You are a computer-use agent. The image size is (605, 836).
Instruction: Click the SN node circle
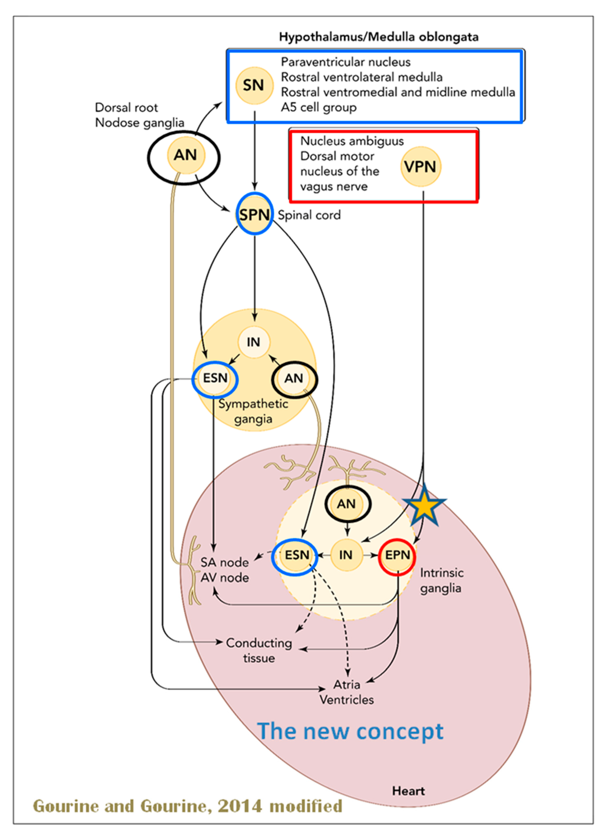pos(254,85)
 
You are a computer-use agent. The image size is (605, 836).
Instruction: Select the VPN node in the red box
pos(420,167)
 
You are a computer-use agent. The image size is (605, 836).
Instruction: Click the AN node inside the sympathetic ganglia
pos(294,379)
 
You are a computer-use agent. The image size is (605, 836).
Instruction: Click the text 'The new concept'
pos(350,731)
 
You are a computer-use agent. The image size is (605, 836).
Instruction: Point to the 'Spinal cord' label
pos(309,215)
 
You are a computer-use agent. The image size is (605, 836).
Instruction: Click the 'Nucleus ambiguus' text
pos(352,141)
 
